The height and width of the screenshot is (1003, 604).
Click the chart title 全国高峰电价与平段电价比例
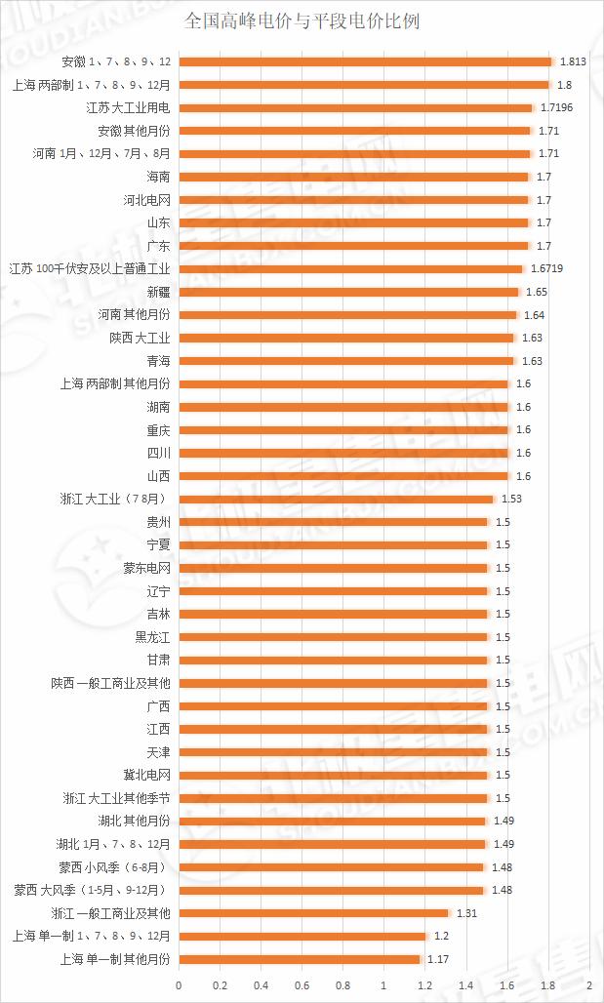click(x=302, y=20)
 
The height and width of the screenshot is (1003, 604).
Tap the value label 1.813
click(x=573, y=62)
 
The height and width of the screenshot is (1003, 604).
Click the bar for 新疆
click(x=348, y=292)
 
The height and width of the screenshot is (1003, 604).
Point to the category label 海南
click(x=158, y=177)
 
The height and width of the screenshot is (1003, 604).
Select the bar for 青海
click(x=346, y=361)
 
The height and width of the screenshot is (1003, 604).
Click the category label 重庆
click(x=158, y=429)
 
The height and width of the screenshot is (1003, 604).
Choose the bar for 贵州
click(x=333, y=522)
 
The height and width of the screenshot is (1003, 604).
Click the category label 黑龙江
click(x=152, y=637)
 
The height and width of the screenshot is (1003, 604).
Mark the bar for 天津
click(x=333, y=752)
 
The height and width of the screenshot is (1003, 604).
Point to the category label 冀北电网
click(x=146, y=775)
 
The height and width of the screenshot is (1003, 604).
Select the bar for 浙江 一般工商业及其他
click(x=313, y=913)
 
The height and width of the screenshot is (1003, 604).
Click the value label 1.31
click(x=467, y=913)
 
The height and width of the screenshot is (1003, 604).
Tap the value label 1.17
click(x=438, y=959)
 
